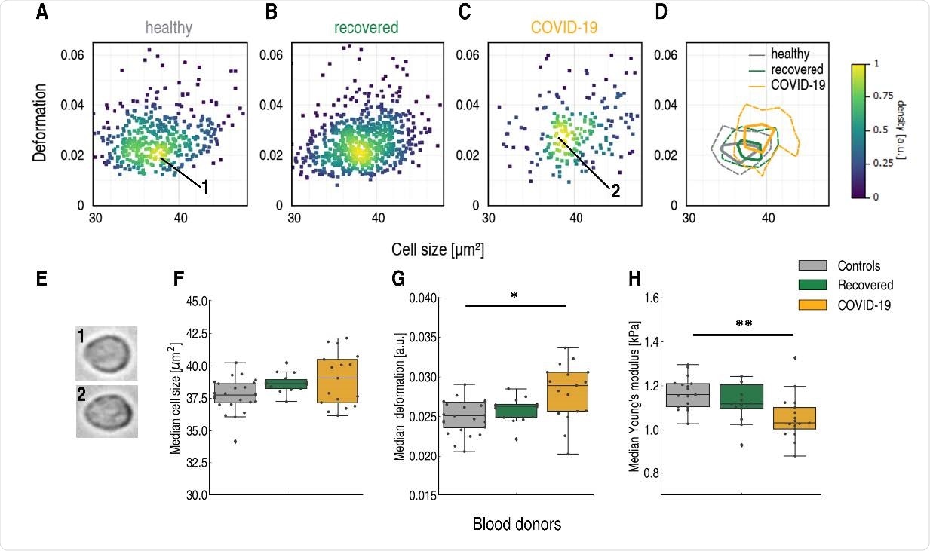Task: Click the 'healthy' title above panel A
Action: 170,29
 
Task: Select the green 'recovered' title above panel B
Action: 367,29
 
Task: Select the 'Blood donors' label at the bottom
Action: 517,524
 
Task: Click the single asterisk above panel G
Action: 515,295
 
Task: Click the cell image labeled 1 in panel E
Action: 106,353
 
